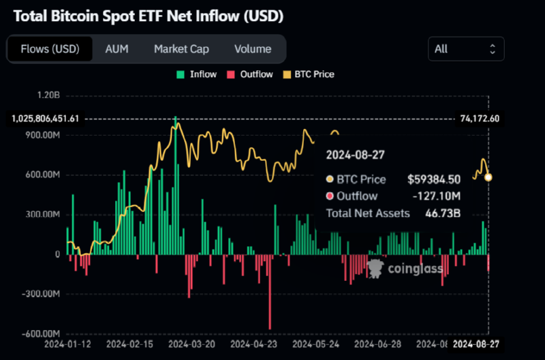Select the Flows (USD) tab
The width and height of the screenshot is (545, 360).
[x=50, y=49]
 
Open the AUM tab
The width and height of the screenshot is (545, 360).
[x=116, y=49]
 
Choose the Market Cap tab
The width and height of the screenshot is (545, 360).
[x=181, y=49]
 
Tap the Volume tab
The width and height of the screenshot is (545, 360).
[x=253, y=49]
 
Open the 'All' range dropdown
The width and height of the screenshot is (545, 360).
[x=466, y=49]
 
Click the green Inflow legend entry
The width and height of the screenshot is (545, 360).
[x=197, y=74]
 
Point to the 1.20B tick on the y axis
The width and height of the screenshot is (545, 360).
[x=48, y=95]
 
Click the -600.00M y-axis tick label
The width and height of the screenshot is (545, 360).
[x=42, y=333]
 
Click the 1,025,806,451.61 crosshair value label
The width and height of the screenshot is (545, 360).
[x=46, y=119]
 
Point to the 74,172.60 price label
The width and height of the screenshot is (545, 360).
[x=480, y=119]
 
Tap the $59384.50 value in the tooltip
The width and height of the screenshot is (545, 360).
[x=434, y=179]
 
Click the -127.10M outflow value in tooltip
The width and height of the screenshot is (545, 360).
[x=438, y=196]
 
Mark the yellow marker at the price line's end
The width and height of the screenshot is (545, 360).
[x=488, y=177]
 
